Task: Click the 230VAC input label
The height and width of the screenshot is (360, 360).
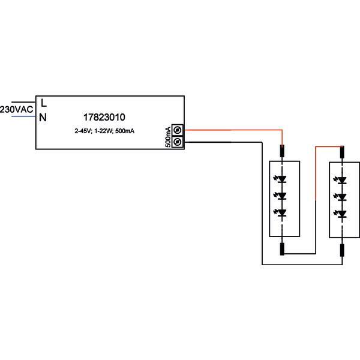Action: pyautogui.click(x=16, y=110)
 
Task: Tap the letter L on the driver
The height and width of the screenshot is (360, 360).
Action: pyautogui.click(x=44, y=104)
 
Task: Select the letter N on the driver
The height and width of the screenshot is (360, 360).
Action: pyautogui.click(x=43, y=118)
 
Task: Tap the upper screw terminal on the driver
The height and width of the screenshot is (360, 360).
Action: pyautogui.click(x=178, y=131)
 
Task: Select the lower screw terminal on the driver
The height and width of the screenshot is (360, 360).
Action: pyautogui.click(x=178, y=142)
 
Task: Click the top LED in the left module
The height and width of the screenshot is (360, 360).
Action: pyautogui.click(x=282, y=179)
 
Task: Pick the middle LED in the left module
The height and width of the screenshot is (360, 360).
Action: pyautogui.click(x=282, y=196)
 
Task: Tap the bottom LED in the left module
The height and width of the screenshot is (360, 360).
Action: pyautogui.click(x=282, y=213)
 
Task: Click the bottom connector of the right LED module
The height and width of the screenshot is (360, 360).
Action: pyautogui.click(x=342, y=249)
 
